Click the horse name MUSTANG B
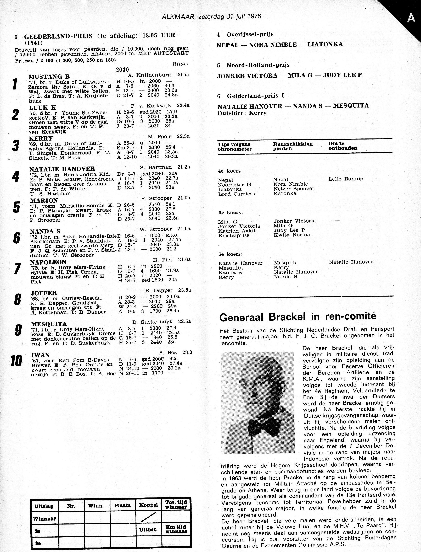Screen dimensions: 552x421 click(49, 77)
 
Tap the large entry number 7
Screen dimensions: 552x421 click(17, 269)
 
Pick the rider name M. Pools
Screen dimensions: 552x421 click(159, 136)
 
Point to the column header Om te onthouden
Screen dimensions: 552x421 click(343, 146)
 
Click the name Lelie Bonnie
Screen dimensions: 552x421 click(346, 179)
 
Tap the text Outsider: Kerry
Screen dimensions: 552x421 click(242, 113)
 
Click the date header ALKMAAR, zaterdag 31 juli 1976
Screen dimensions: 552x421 click(211, 17)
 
